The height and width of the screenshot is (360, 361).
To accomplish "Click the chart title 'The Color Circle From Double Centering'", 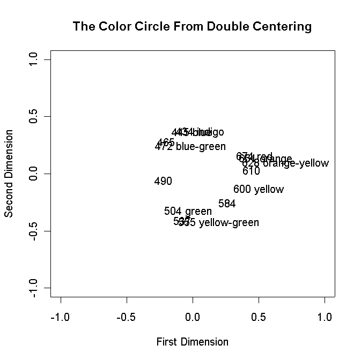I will [192, 26].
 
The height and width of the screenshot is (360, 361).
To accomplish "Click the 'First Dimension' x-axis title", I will [192, 342].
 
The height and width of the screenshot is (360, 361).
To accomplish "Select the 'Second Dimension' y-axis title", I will [9, 174].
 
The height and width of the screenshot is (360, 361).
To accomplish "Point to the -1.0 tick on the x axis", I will [60, 317].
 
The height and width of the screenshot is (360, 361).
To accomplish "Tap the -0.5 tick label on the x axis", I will [126, 317].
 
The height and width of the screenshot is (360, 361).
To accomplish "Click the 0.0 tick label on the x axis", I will [193, 317].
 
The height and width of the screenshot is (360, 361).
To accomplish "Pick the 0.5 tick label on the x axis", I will [259, 317].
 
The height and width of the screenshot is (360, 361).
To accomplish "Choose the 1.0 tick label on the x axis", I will [325, 317].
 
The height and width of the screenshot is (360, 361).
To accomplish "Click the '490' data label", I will [163, 182].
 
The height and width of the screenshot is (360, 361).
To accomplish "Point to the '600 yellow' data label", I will [259, 190].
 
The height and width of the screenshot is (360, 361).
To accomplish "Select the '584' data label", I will [227, 204].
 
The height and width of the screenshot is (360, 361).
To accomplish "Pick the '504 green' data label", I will [188, 212].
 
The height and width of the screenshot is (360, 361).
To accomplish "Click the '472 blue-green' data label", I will [190, 147].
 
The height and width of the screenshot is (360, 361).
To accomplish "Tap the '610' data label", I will [251, 171].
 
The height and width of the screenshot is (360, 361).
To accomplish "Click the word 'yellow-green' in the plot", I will [229, 223].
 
